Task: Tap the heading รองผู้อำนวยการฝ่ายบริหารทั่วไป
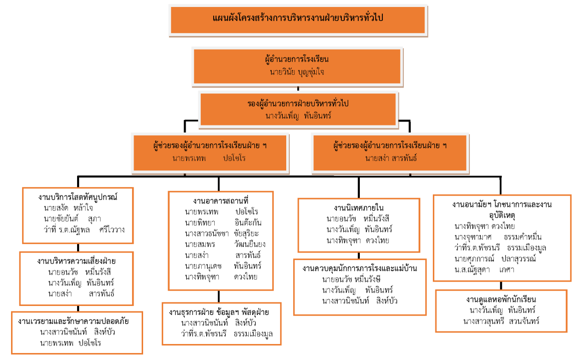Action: pos(298,104)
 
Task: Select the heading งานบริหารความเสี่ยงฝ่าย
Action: pos(76,260)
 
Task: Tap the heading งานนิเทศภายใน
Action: pos(358,207)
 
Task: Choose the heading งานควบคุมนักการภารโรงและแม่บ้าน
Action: pos(359,268)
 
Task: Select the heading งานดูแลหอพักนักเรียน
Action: pos(502,300)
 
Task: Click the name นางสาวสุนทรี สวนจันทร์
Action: pos(501,321)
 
